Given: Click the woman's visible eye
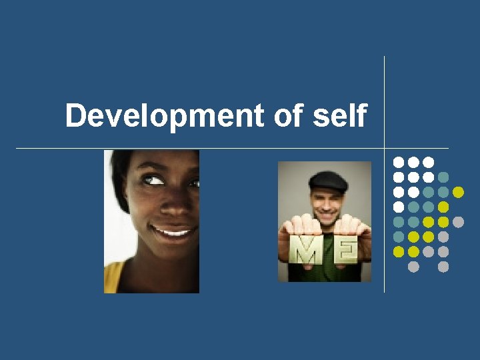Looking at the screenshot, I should [x=156, y=179].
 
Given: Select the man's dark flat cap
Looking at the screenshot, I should [x=329, y=181].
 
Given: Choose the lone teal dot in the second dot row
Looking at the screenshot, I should [x=443, y=177].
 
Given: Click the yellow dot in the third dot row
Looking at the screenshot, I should [x=458, y=192].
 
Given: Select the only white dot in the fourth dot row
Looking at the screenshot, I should [x=399, y=207].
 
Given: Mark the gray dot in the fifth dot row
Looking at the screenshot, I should [x=458, y=222].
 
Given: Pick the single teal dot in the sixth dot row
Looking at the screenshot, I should [x=399, y=237].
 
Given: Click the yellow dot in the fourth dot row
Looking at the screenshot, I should [x=443, y=207].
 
